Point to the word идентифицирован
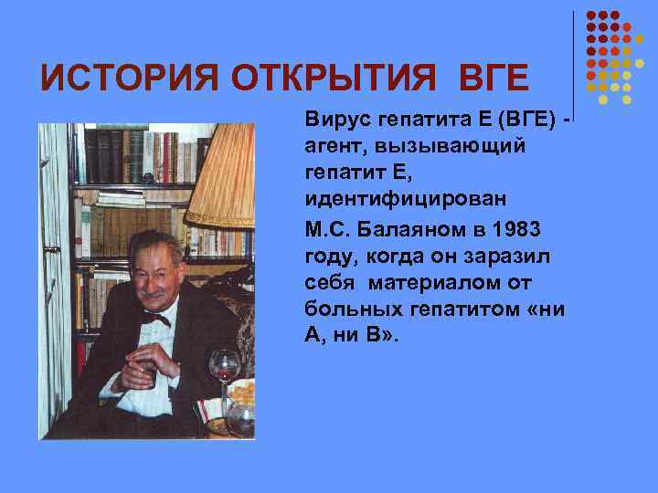(394, 198)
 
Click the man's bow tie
(155, 320)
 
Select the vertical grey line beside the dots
(574, 55)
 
